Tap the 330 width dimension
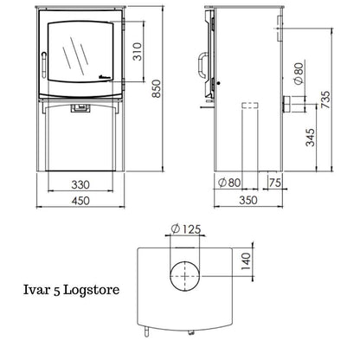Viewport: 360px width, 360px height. (80, 185)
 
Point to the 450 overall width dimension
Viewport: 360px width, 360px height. (80, 203)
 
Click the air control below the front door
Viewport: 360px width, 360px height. (80, 108)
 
